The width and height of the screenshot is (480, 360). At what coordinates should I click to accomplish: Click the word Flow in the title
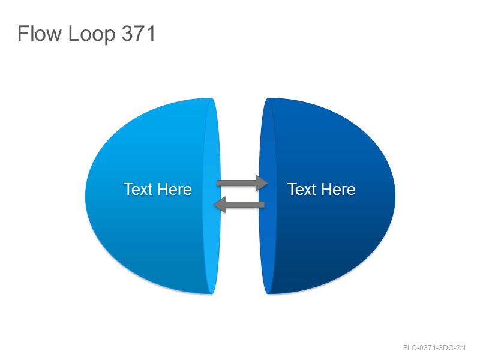click(x=40, y=34)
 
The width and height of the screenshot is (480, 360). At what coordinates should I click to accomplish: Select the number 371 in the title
click(x=139, y=34)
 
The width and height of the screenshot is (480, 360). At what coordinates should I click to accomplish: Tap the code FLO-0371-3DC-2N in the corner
click(x=434, y=348)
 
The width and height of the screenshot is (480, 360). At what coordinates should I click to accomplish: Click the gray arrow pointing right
click(x=242, y=183)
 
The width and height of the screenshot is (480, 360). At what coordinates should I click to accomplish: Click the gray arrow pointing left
click(x=239, y=205)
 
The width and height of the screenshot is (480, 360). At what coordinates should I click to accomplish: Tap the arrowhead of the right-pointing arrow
click(x=262, y=183)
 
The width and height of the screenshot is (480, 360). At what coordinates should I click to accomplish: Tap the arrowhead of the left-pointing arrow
click(x=220, y=205)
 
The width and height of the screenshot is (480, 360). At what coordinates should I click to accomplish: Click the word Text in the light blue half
click(x=138, y=189)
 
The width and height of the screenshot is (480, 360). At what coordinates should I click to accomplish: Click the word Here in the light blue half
click(x=175, y=189)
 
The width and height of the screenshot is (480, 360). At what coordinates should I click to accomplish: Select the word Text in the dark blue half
click(x=302, y=189)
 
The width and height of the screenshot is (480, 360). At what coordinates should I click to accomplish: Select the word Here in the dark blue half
click(x=338, y=189)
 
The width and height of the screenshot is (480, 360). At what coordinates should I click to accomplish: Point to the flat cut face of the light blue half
click(x=212, y=196)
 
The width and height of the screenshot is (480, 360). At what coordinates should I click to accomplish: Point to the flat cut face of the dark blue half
click(x=268, y=196)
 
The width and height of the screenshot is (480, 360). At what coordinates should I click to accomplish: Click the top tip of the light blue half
click(x=211, y=98)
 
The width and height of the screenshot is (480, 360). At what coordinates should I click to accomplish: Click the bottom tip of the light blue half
click(x=211, y=293)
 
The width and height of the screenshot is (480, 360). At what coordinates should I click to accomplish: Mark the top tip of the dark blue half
click(x=268, y=98)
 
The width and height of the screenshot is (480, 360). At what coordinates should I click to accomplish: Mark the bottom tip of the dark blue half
click(x=268, y=293)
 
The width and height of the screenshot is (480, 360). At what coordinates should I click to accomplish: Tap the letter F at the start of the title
click(x=23, y=34)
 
